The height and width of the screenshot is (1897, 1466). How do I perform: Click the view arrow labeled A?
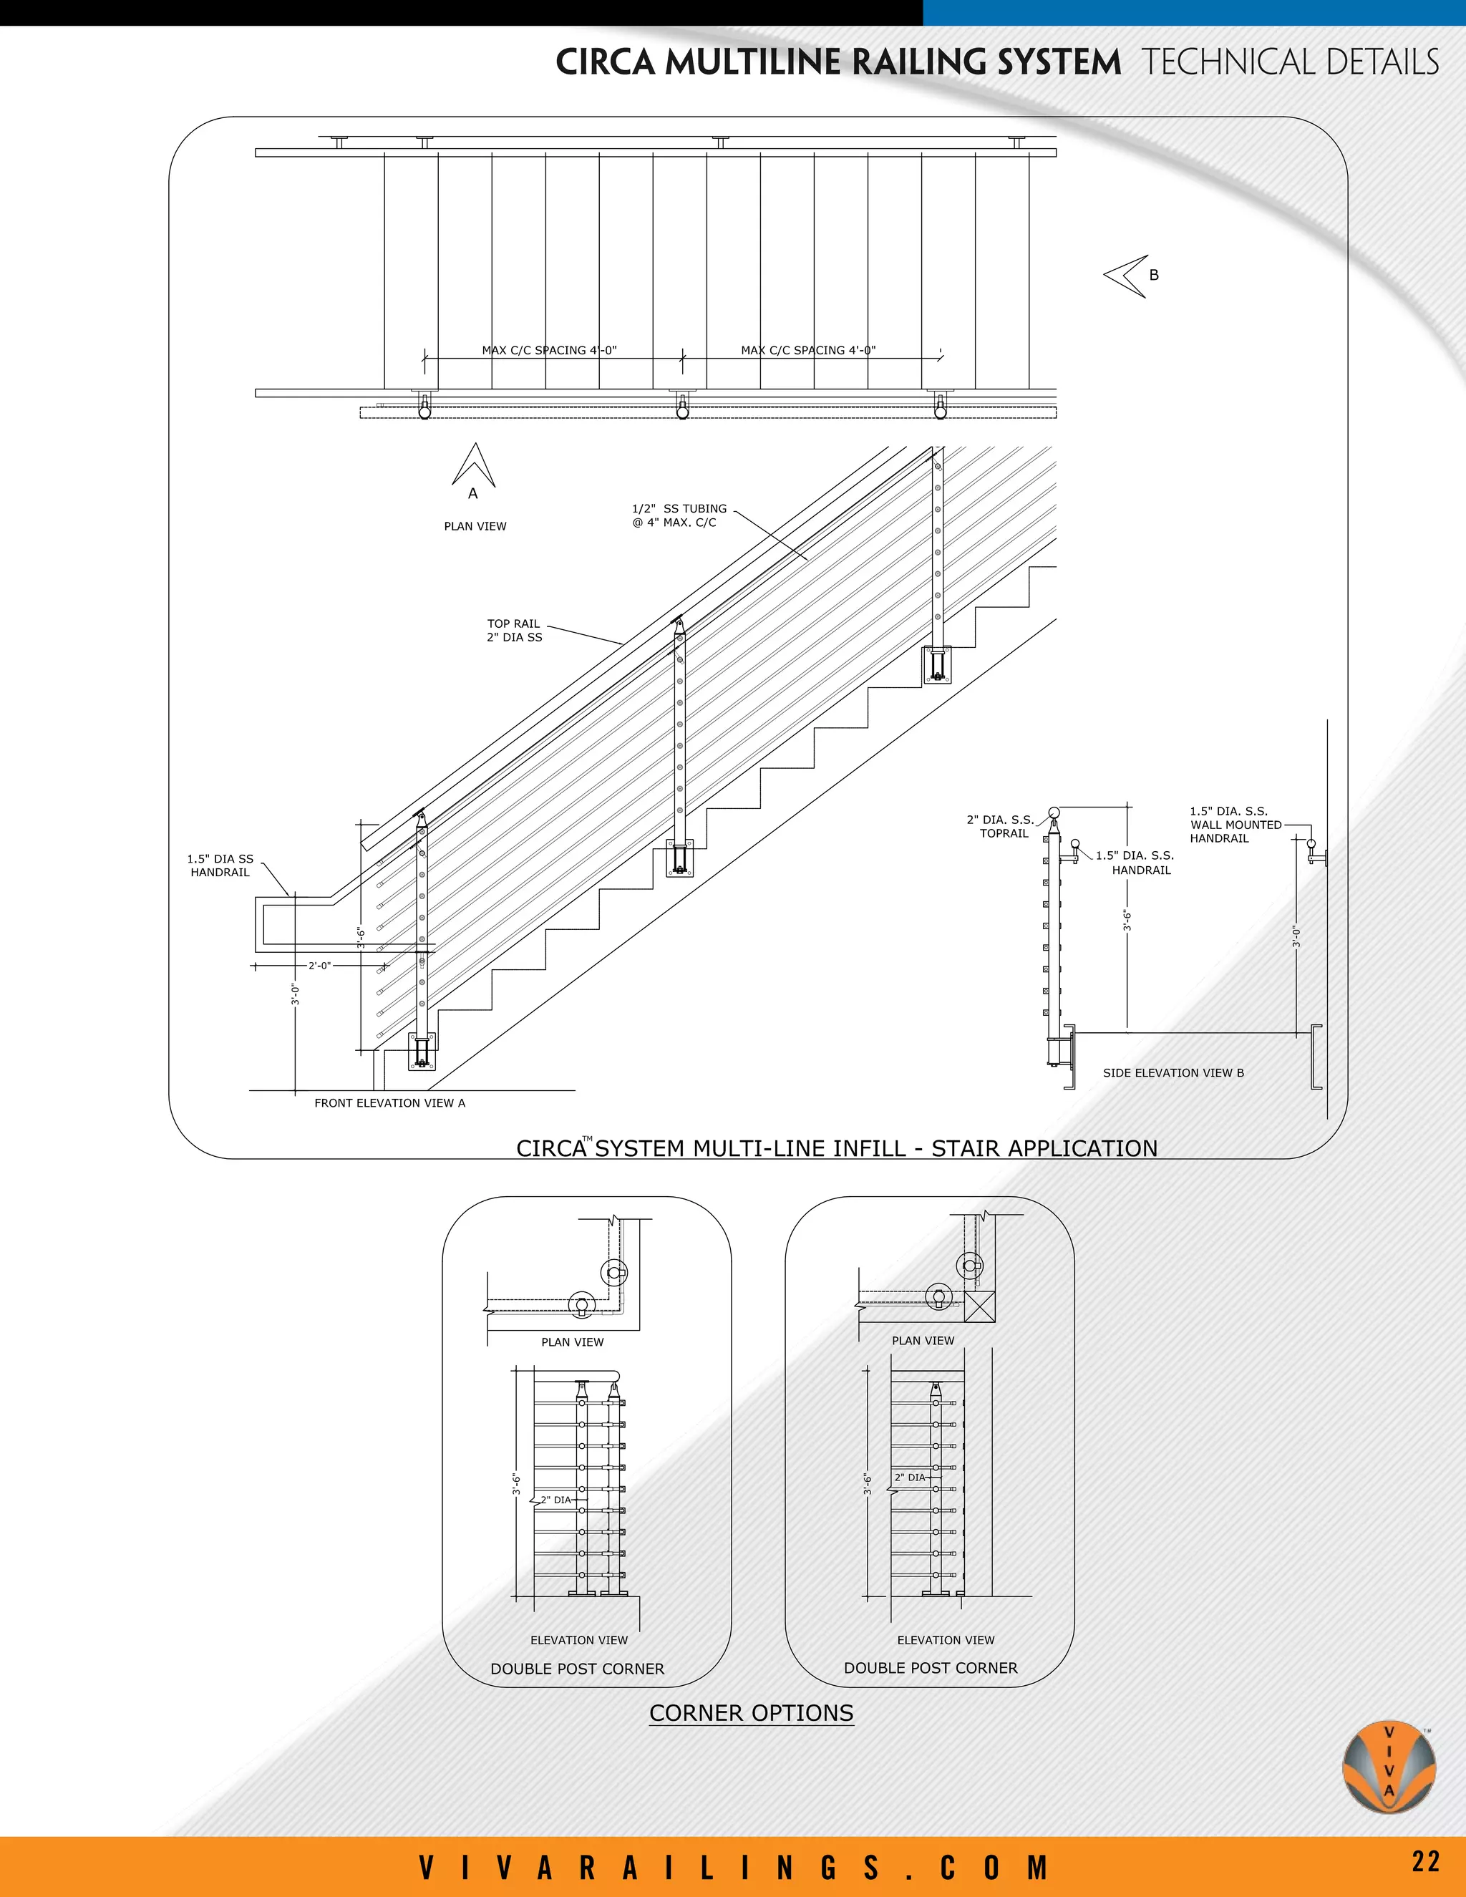tap(473, 467)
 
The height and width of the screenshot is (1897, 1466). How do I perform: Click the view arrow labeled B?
tap(1127, 276)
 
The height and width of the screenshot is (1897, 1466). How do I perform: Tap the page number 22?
tap(1425, 1861)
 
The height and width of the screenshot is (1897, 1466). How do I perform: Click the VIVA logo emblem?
tap(1389, 1766)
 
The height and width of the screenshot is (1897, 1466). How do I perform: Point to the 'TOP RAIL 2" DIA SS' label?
tap(514, 631)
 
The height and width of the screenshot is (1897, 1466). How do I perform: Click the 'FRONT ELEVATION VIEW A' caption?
tap(390, 1103)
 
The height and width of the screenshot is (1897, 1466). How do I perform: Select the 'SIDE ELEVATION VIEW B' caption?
tap(1173, 1073)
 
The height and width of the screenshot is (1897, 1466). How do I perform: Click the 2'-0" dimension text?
tap(319, 966)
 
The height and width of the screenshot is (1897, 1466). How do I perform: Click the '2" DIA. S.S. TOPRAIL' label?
tap(1001, 826)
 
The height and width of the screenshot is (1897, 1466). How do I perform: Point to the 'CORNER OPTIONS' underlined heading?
tap(751, 1713)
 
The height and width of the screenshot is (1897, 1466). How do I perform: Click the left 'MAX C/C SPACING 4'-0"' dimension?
tap(549, 351)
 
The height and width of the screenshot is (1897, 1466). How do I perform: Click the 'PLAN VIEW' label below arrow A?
tap(475, 526)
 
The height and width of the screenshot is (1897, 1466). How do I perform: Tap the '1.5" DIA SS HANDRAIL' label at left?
tap(220, 865)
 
